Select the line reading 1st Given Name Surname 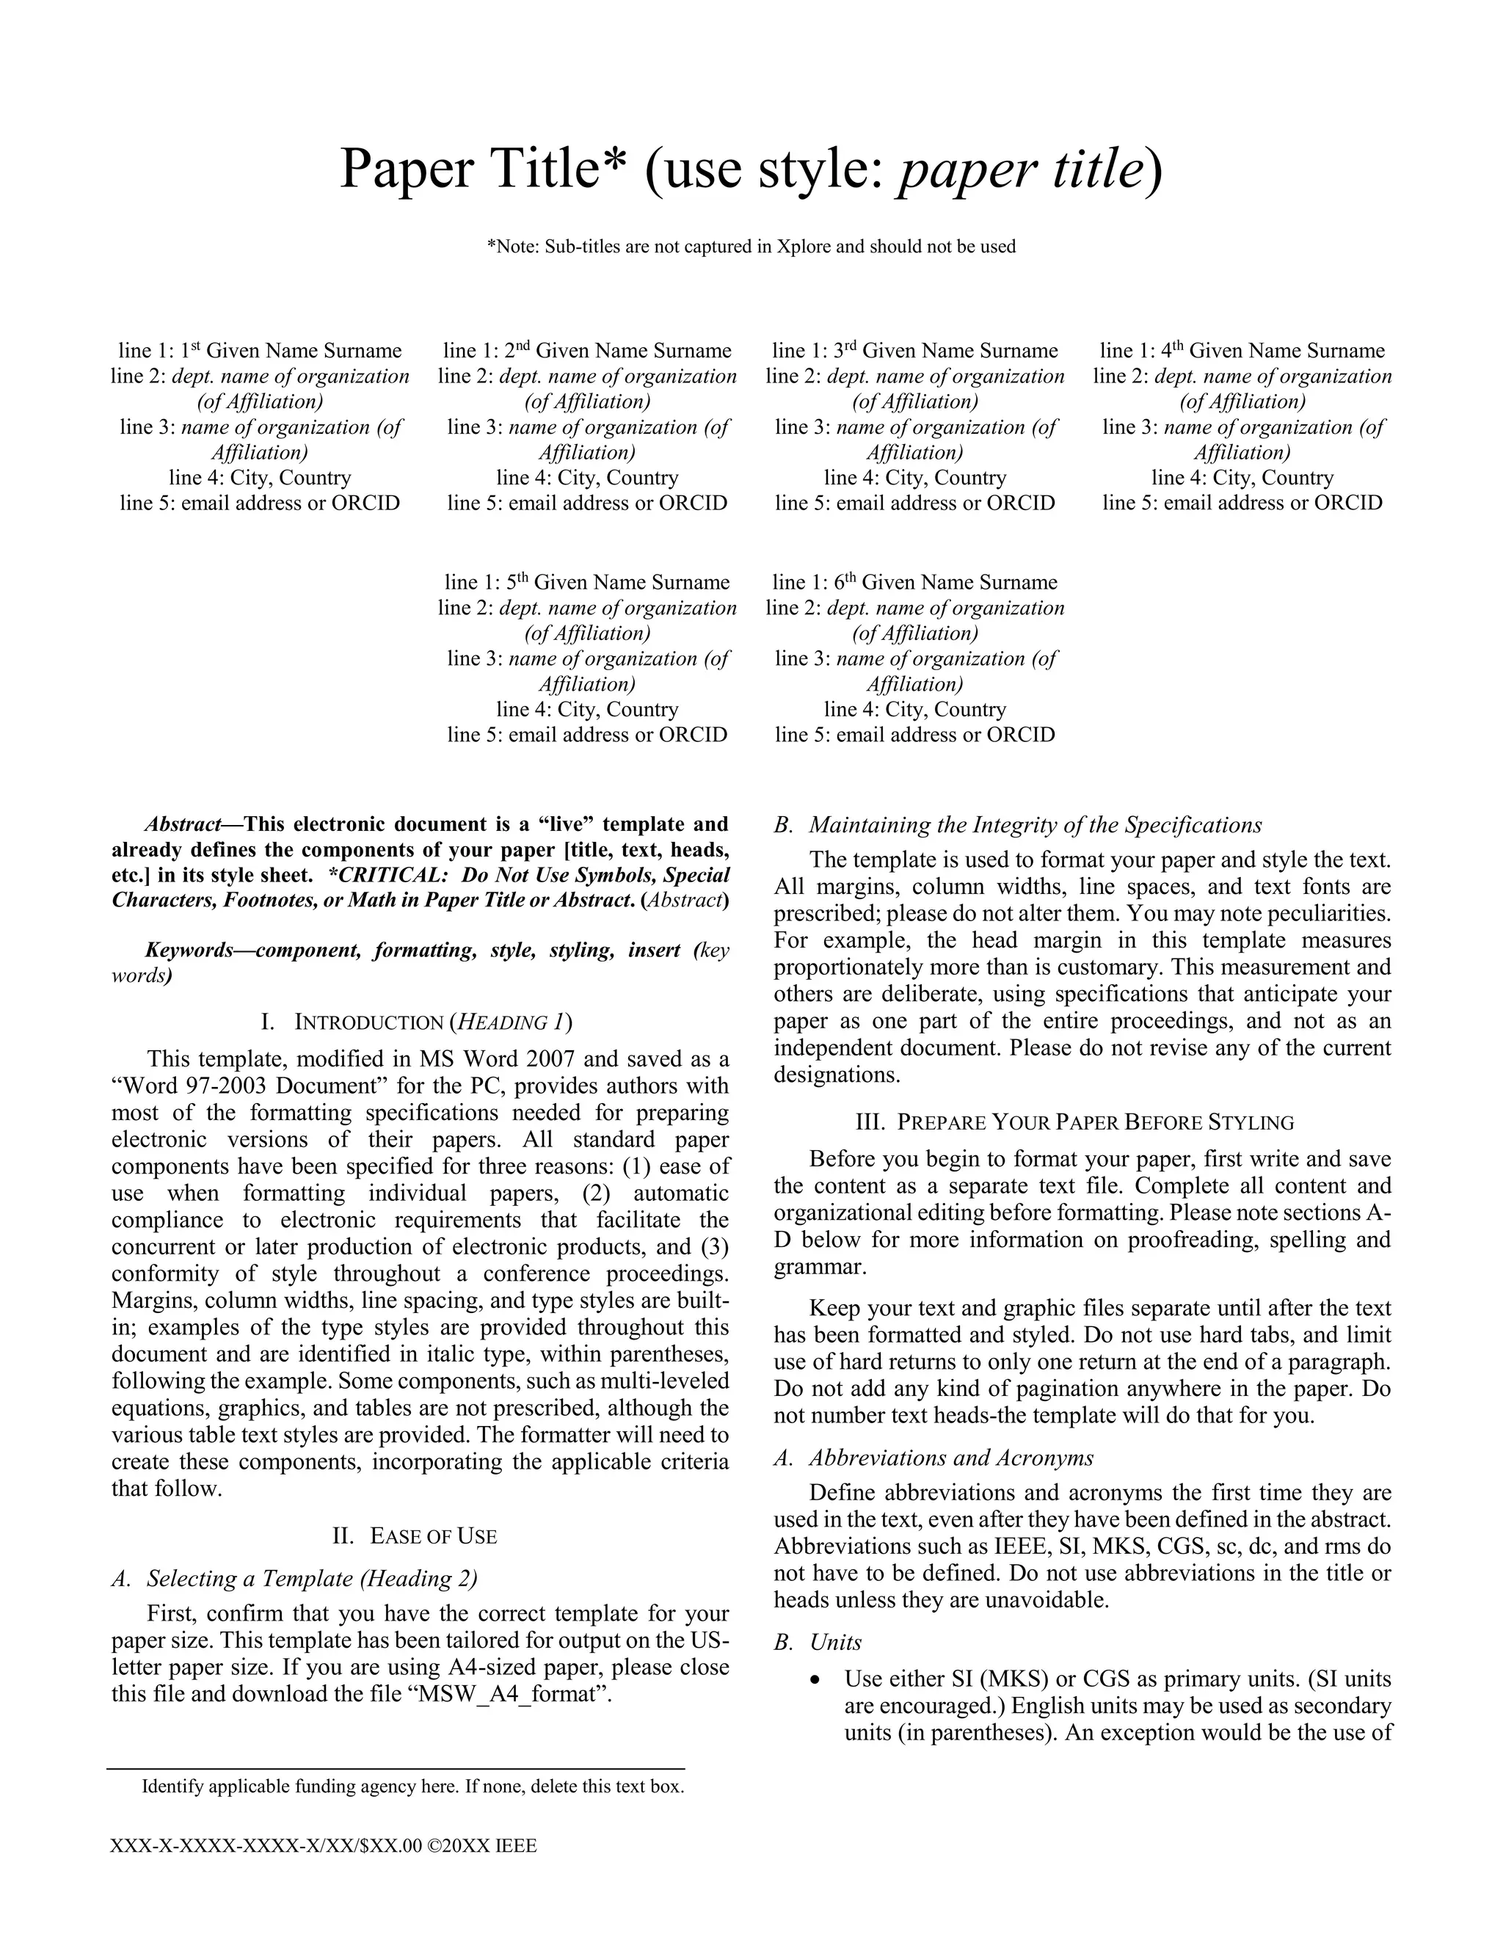[x=260, y=351]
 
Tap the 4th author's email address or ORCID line [x=1242, y=503]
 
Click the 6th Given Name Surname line [x=914, y=583]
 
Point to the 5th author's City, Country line [x=587, y=710]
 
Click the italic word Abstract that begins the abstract [x=182, y=825]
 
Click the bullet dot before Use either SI [x=815, y=1679]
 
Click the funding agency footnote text [x=412, y=1786]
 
